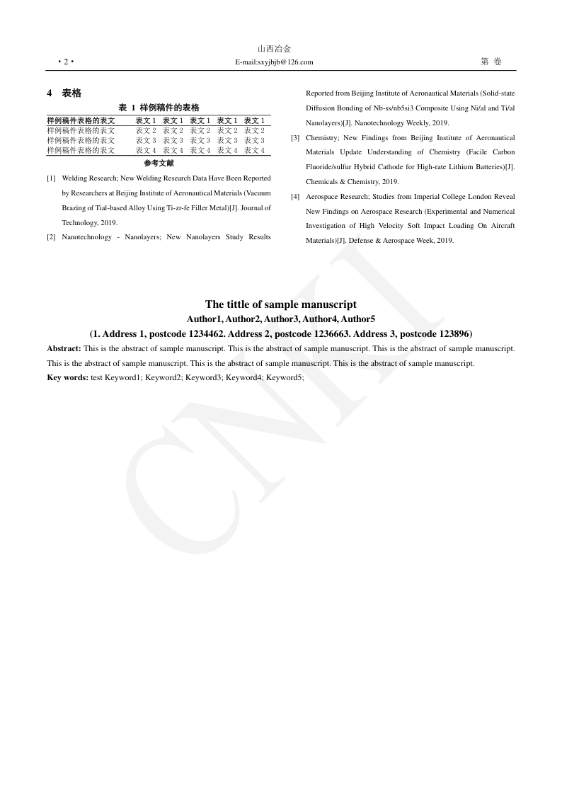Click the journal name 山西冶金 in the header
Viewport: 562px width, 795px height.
[274, 49]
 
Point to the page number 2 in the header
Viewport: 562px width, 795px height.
[65, 62]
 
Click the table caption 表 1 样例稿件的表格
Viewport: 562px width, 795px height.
[159, 108]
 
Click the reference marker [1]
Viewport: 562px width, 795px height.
[51, 178]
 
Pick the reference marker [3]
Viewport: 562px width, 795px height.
[295, 138]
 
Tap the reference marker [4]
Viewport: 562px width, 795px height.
[295, 197]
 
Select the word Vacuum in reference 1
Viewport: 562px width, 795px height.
[256, 193]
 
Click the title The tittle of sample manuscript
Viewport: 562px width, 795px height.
[281, 304]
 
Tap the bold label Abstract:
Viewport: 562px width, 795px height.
[64, 348]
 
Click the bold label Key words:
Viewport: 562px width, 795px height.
[67, 378]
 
